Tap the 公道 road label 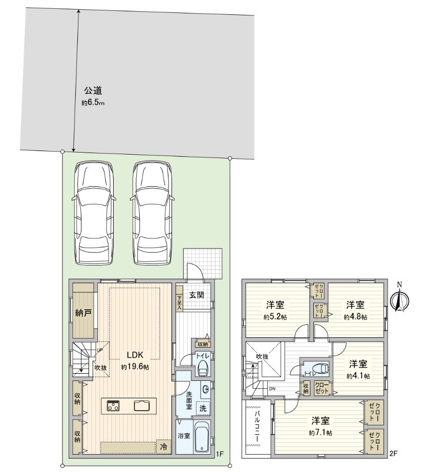click(x=93, y=91)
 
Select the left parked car click(x=93, y=212)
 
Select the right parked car click(x=152, y=212)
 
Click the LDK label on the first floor click(x=135, y=355)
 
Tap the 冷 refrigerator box click(x=163, y=446)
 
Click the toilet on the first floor click(x=202, y=367)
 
